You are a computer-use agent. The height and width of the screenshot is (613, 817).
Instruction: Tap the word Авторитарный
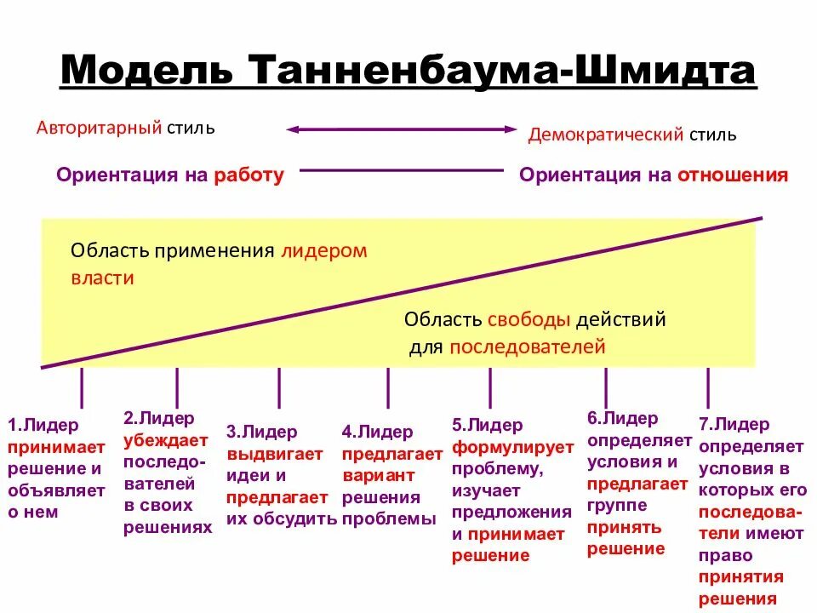click(x=100, y=128)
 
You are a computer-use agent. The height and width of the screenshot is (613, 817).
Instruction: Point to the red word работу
click(x=249, y=175)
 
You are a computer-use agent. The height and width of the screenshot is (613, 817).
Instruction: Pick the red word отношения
click(x=733, y=175)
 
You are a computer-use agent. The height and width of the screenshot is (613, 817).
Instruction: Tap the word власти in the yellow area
click(x=102, y=278)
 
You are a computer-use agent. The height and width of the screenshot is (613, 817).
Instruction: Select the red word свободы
click(x=528, y=320)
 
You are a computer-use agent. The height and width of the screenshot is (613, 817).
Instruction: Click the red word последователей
click(x=528, y=347)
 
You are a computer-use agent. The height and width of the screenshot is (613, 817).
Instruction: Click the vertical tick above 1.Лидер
click(x=82, y=387)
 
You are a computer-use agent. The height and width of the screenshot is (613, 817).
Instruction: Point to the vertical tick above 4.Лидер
click(x=388, y=387)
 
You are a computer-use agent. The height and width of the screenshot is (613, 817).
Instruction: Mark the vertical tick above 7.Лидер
click(x=708, y=387)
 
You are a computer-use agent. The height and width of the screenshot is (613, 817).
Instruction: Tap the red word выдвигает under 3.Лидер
click(x=275, y=454)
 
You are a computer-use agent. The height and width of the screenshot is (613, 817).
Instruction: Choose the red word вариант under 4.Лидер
click(x=379, y=475)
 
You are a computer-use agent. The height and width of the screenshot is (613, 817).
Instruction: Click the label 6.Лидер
click(x=622, y=418)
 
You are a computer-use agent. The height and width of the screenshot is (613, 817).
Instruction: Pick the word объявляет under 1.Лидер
click(x=56, y=490)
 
